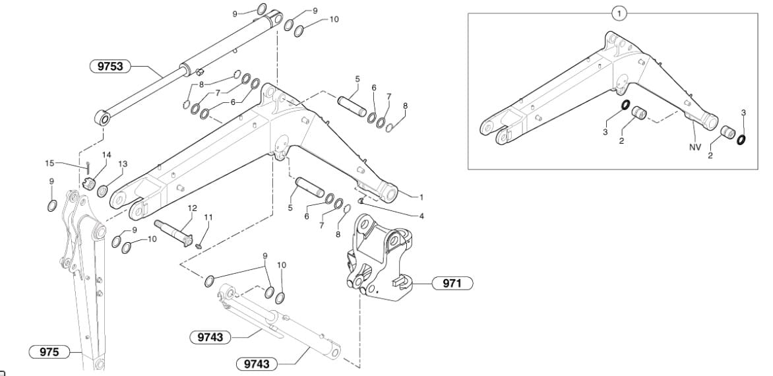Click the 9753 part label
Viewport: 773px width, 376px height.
(110, 66)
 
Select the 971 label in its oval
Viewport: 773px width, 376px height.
(452, 284)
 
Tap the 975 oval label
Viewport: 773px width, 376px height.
(49, 352)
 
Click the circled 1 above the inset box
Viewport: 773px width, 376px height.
(619, 13)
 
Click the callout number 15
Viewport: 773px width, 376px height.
(49, 163)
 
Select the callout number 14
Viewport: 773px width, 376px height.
(106, 155)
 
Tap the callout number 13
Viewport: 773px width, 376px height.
(122, 164)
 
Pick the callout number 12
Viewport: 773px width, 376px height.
(192, 208)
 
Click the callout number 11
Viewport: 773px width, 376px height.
(208, 217)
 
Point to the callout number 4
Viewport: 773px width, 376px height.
(421, 215)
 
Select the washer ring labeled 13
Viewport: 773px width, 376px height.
(103, 191)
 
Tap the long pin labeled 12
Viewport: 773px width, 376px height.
(174, 234)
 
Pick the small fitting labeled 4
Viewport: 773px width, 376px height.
(361, 200)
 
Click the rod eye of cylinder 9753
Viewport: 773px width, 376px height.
(104, 119)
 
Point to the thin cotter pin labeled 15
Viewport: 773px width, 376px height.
(88, 168)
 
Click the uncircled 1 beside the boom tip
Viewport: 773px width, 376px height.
(421, 198)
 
